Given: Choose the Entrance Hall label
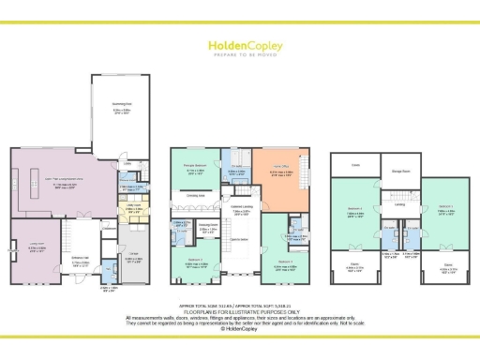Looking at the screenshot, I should coord(82,235).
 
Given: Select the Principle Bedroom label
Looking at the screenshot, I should coord(194,169).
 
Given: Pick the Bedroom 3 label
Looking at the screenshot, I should coord(285,262).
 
